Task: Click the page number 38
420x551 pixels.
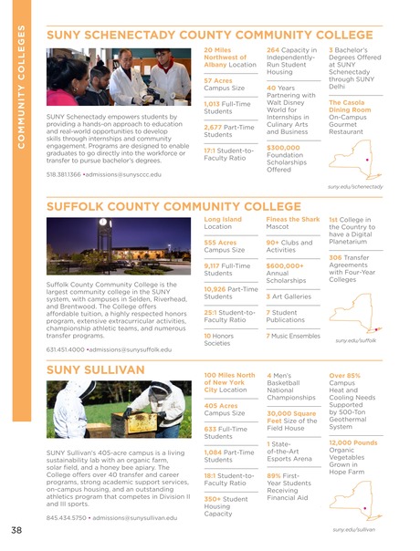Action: [x=16, y=530]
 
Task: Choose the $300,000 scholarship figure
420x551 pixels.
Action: [x=283, y=148]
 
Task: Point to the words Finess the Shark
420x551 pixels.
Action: [x=293, y=220]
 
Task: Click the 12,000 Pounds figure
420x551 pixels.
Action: [x=352, y=442]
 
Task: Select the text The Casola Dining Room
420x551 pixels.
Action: [x=348, y=108]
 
